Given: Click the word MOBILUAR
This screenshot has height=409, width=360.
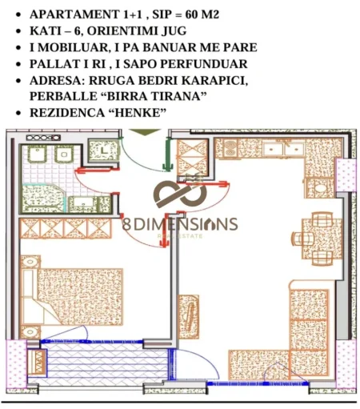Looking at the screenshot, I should [x=73, y=47].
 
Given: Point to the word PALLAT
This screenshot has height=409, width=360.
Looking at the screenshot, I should [x=53, y=64].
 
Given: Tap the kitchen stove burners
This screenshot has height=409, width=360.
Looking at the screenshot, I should [x=229, y=148].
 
